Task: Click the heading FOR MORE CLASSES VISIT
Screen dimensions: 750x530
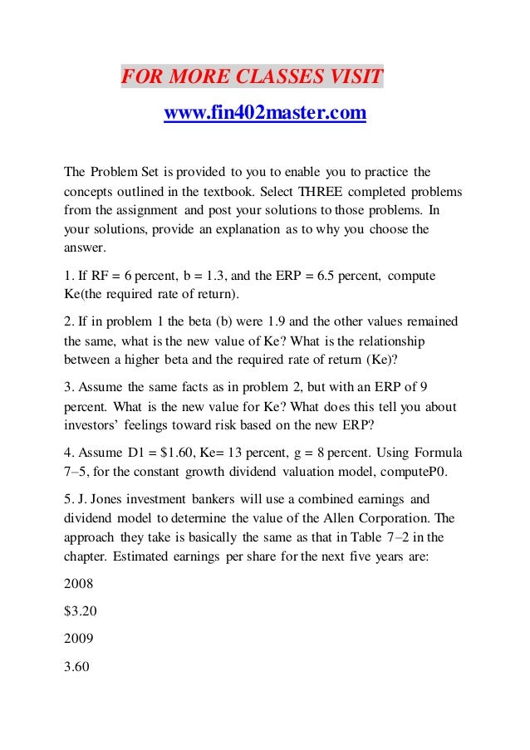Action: click(253, 78)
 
